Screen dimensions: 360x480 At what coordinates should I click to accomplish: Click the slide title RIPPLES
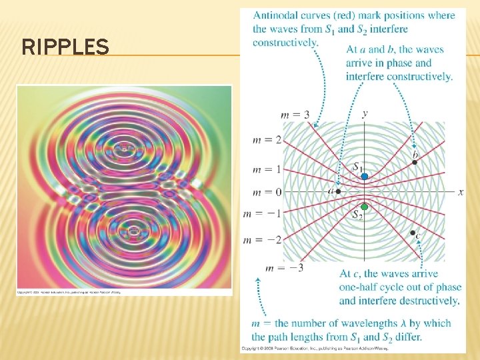point(65,47)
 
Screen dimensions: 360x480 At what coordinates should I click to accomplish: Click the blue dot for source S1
point(365,176)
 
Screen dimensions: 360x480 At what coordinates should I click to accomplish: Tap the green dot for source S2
point(365,207)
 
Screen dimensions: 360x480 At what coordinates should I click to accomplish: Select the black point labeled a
point(338,191)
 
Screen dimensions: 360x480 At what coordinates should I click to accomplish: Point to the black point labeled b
point(415,162)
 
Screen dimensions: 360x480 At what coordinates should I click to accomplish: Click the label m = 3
point(295,115)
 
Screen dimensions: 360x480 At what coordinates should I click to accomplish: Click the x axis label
point(461,192)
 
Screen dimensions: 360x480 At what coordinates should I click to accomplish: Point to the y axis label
point(365,113)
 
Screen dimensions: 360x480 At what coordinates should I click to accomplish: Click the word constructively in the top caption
point(285,43)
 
